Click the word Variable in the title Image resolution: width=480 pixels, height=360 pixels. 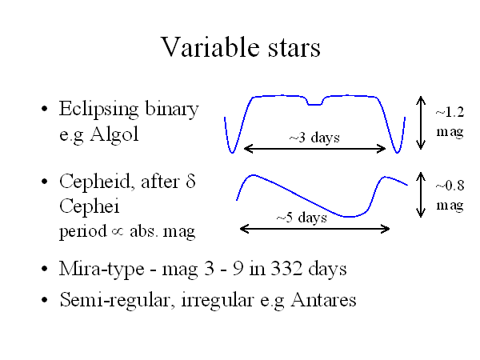[x=211, y=47]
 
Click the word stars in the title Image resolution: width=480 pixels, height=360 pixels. [x=294, y=48]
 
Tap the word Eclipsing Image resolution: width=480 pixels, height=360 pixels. [x=98, y=110]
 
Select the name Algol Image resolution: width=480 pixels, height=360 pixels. [x=114, y=134]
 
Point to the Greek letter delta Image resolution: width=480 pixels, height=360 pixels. [x=190, y=181]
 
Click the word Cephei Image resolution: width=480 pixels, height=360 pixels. [x=89, y=206]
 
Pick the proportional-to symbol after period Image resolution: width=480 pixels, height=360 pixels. [x=118, y=232]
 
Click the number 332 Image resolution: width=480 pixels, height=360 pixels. [x=287, y=268]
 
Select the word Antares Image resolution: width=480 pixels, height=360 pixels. [x=323, y=299]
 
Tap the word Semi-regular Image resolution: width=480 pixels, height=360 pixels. [x=114, y=301]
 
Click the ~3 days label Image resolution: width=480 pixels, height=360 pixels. [x=314, y=138]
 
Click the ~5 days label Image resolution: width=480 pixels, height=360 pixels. [x=302, y=218]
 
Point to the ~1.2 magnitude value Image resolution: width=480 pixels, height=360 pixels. [x=450, y=112]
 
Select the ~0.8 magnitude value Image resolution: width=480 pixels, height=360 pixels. [x=450, y=186]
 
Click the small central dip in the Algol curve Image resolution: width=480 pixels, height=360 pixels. [x=315, y=102]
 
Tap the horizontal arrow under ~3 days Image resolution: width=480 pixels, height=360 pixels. [x=314, y=149]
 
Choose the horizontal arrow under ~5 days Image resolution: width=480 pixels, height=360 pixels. [x=314, y=229]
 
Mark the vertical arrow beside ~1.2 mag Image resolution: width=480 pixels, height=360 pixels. [x=421, y=122]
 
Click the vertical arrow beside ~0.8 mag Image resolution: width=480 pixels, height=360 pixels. [x=421, y=194]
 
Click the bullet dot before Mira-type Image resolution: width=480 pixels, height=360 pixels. [x=45, y=269]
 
